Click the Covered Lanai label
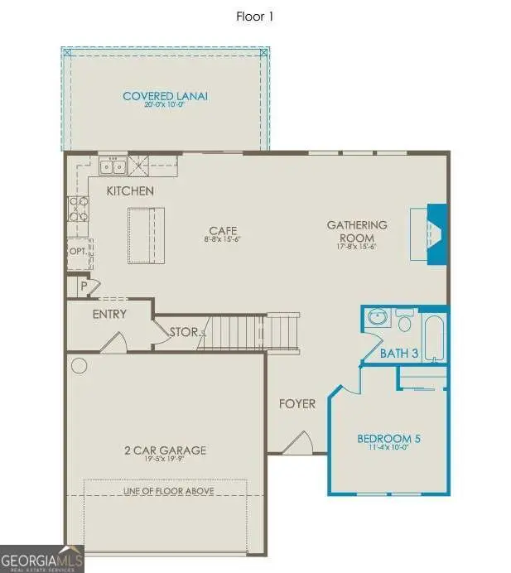tap(165, 96)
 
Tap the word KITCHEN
tap(130, 191)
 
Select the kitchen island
tap(146, 234)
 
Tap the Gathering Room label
tap(356, 230)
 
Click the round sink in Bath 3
tap(378, 318)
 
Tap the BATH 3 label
tap(399, 354)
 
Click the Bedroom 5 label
tap(388, 439)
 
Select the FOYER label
tap(296, 404)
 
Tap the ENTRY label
tap(109, 314)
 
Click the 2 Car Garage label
tap(165, 450)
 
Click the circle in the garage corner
tap(80, 364)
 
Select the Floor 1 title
tap(255, 15)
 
